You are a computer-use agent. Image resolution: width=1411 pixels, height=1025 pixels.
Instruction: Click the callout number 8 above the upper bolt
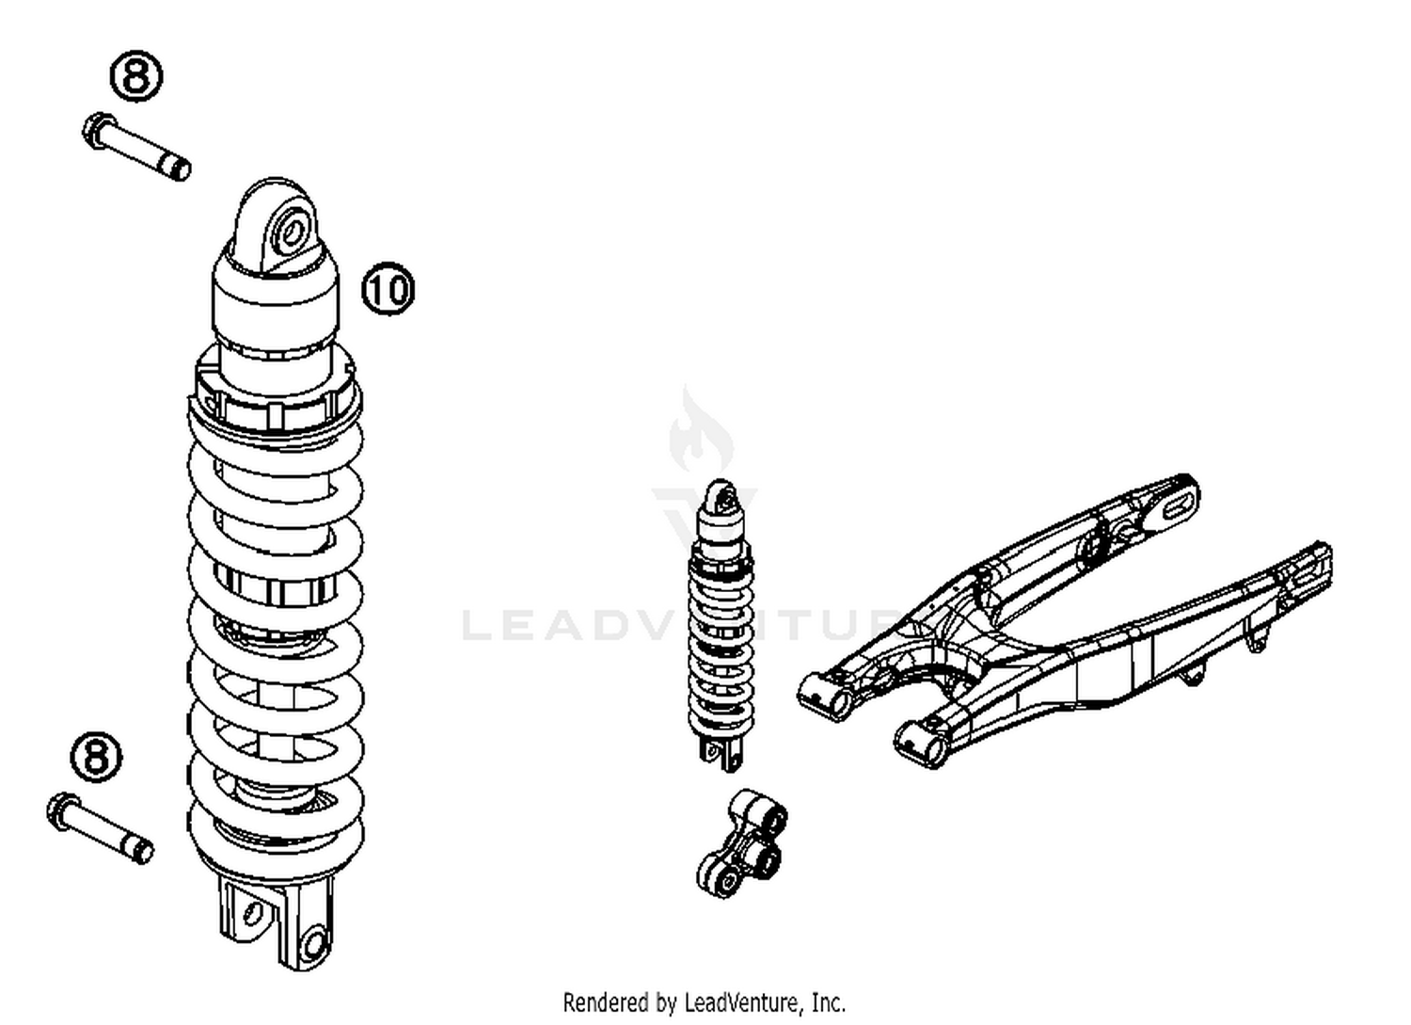point(137,75)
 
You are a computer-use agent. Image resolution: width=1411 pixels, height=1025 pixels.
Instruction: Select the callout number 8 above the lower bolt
point(97,756)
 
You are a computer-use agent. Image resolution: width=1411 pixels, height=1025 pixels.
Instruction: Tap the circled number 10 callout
point(388,289)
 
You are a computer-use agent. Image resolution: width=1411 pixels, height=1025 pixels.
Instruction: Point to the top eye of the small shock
point(722,496)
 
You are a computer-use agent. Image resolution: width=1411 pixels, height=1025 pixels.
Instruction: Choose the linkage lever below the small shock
point(743,844)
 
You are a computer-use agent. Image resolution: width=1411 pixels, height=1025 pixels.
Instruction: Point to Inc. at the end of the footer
point(828,1001)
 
